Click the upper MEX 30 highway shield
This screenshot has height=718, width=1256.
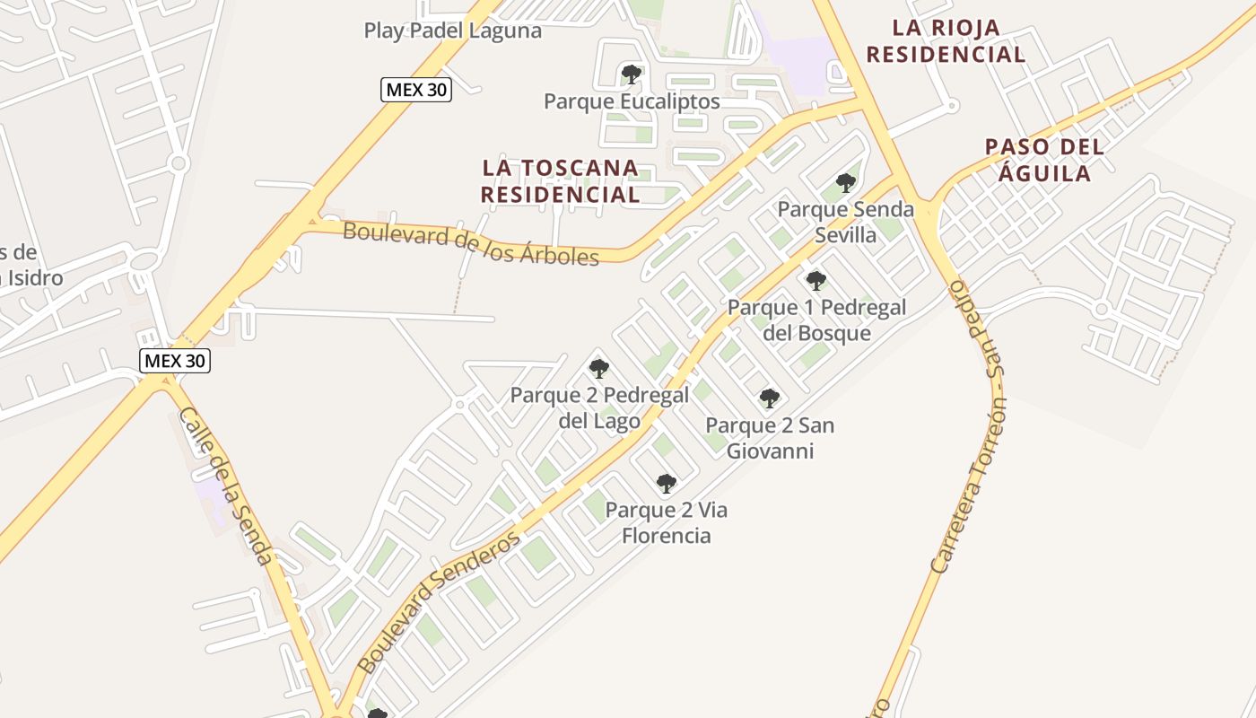tap(415, 89)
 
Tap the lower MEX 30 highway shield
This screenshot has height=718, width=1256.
tap(175, 361)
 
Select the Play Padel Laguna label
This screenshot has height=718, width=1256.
tap(452, 31)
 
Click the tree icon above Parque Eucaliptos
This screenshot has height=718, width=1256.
tap(631, 74)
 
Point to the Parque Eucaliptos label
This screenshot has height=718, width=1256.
tap(632, 101)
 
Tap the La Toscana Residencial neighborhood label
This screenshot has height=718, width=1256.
tap(560, 180)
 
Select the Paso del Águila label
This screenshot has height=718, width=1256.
tap(1044, 159)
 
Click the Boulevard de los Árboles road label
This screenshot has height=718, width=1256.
tap(471, 243)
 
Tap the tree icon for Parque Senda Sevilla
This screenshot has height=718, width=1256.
tap(845, 183)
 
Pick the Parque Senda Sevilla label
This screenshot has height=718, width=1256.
tap(845, 222)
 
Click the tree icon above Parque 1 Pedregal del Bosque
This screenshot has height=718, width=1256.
tap(816, 280)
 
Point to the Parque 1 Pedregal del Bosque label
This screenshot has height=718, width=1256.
tap(816, 320)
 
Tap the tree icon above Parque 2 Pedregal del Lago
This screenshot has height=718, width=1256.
tap(598, 368)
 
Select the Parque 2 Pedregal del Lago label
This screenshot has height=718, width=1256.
tap(599, 407)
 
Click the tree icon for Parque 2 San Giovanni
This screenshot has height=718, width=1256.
tap(769, 398)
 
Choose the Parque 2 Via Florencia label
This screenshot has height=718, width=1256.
tap(666, 523)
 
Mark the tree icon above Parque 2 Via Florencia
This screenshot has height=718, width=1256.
tap(666, 484)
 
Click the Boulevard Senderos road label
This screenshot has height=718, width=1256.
tap(439, 602)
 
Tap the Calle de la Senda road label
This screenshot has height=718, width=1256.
tap(227, 486)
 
